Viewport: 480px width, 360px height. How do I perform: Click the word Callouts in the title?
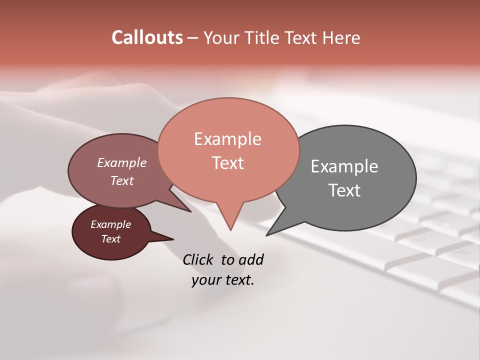point(147,37)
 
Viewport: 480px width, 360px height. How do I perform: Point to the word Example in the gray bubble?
point(344,166)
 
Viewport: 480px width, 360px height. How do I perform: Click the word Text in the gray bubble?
point(344,190)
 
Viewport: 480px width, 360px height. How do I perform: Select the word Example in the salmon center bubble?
point(227,139)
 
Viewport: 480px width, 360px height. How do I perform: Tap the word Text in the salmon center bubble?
point(227,163)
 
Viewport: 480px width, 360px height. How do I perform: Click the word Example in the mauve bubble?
point(121,162)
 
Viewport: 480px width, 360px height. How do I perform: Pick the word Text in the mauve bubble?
point(121,180)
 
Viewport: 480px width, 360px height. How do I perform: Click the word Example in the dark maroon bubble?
point(110,224)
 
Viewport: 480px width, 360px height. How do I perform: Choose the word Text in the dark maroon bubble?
point(110,239)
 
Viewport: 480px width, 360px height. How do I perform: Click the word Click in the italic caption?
point(198,260)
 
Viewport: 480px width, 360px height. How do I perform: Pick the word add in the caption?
point(251,260)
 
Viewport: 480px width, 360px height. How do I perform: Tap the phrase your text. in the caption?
point(223,280)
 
